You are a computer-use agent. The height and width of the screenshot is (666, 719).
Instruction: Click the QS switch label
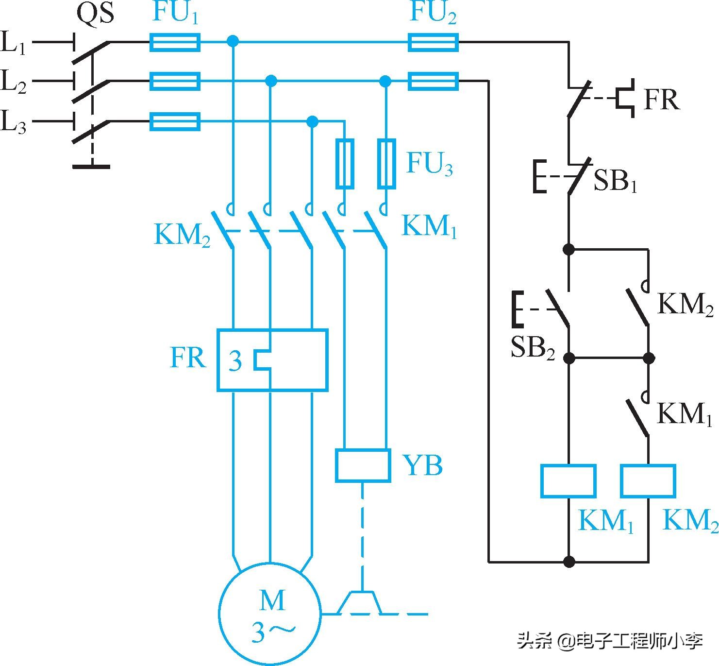tap(96, 14)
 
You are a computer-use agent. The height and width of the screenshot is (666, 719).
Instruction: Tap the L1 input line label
tap(14, 42)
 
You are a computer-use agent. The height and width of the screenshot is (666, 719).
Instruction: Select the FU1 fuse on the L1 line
tap(175, 42)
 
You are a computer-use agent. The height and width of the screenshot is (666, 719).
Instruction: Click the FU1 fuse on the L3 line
tap(175, 121)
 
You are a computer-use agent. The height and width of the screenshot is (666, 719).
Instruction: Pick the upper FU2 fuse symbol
tap(433, 42)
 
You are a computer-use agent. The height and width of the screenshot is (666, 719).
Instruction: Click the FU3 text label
tap(429, 164)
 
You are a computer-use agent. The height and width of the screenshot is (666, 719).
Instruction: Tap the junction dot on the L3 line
tap(313, 121)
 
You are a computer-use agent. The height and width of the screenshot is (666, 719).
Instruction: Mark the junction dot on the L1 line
tap(234, 42)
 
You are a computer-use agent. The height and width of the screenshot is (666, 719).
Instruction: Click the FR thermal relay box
tap(272, 360)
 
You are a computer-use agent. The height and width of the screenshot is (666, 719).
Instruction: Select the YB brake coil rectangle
tap(363, 465)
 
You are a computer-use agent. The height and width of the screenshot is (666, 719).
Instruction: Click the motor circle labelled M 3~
tap(270, 614)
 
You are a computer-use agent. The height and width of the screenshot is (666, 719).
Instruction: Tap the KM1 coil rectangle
tap(569, 481)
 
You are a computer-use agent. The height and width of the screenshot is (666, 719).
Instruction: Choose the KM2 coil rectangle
tap(648, 481)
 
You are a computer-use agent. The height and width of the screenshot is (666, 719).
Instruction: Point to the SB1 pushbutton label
tap(615, 181)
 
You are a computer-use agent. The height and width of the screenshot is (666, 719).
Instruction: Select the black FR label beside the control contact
tap(661, 101)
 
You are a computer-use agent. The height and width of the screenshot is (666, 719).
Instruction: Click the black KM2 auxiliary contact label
tap(685, 305)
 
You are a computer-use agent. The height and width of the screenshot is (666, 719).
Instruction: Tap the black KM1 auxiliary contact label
tap(684, 414)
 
